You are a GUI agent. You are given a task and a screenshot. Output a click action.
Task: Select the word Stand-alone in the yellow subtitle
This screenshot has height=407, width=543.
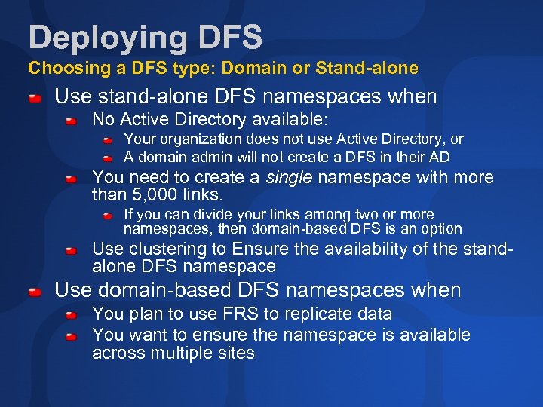(367, 69)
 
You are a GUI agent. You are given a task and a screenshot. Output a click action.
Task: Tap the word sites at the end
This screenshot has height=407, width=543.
(234, 353)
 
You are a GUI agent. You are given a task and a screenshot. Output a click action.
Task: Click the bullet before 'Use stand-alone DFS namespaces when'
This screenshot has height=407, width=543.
(35, 97)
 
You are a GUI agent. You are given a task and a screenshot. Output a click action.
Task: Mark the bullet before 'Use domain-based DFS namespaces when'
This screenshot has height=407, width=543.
(35, 291)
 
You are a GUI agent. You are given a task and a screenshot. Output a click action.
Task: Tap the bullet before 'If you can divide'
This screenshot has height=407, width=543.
(108, 216)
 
